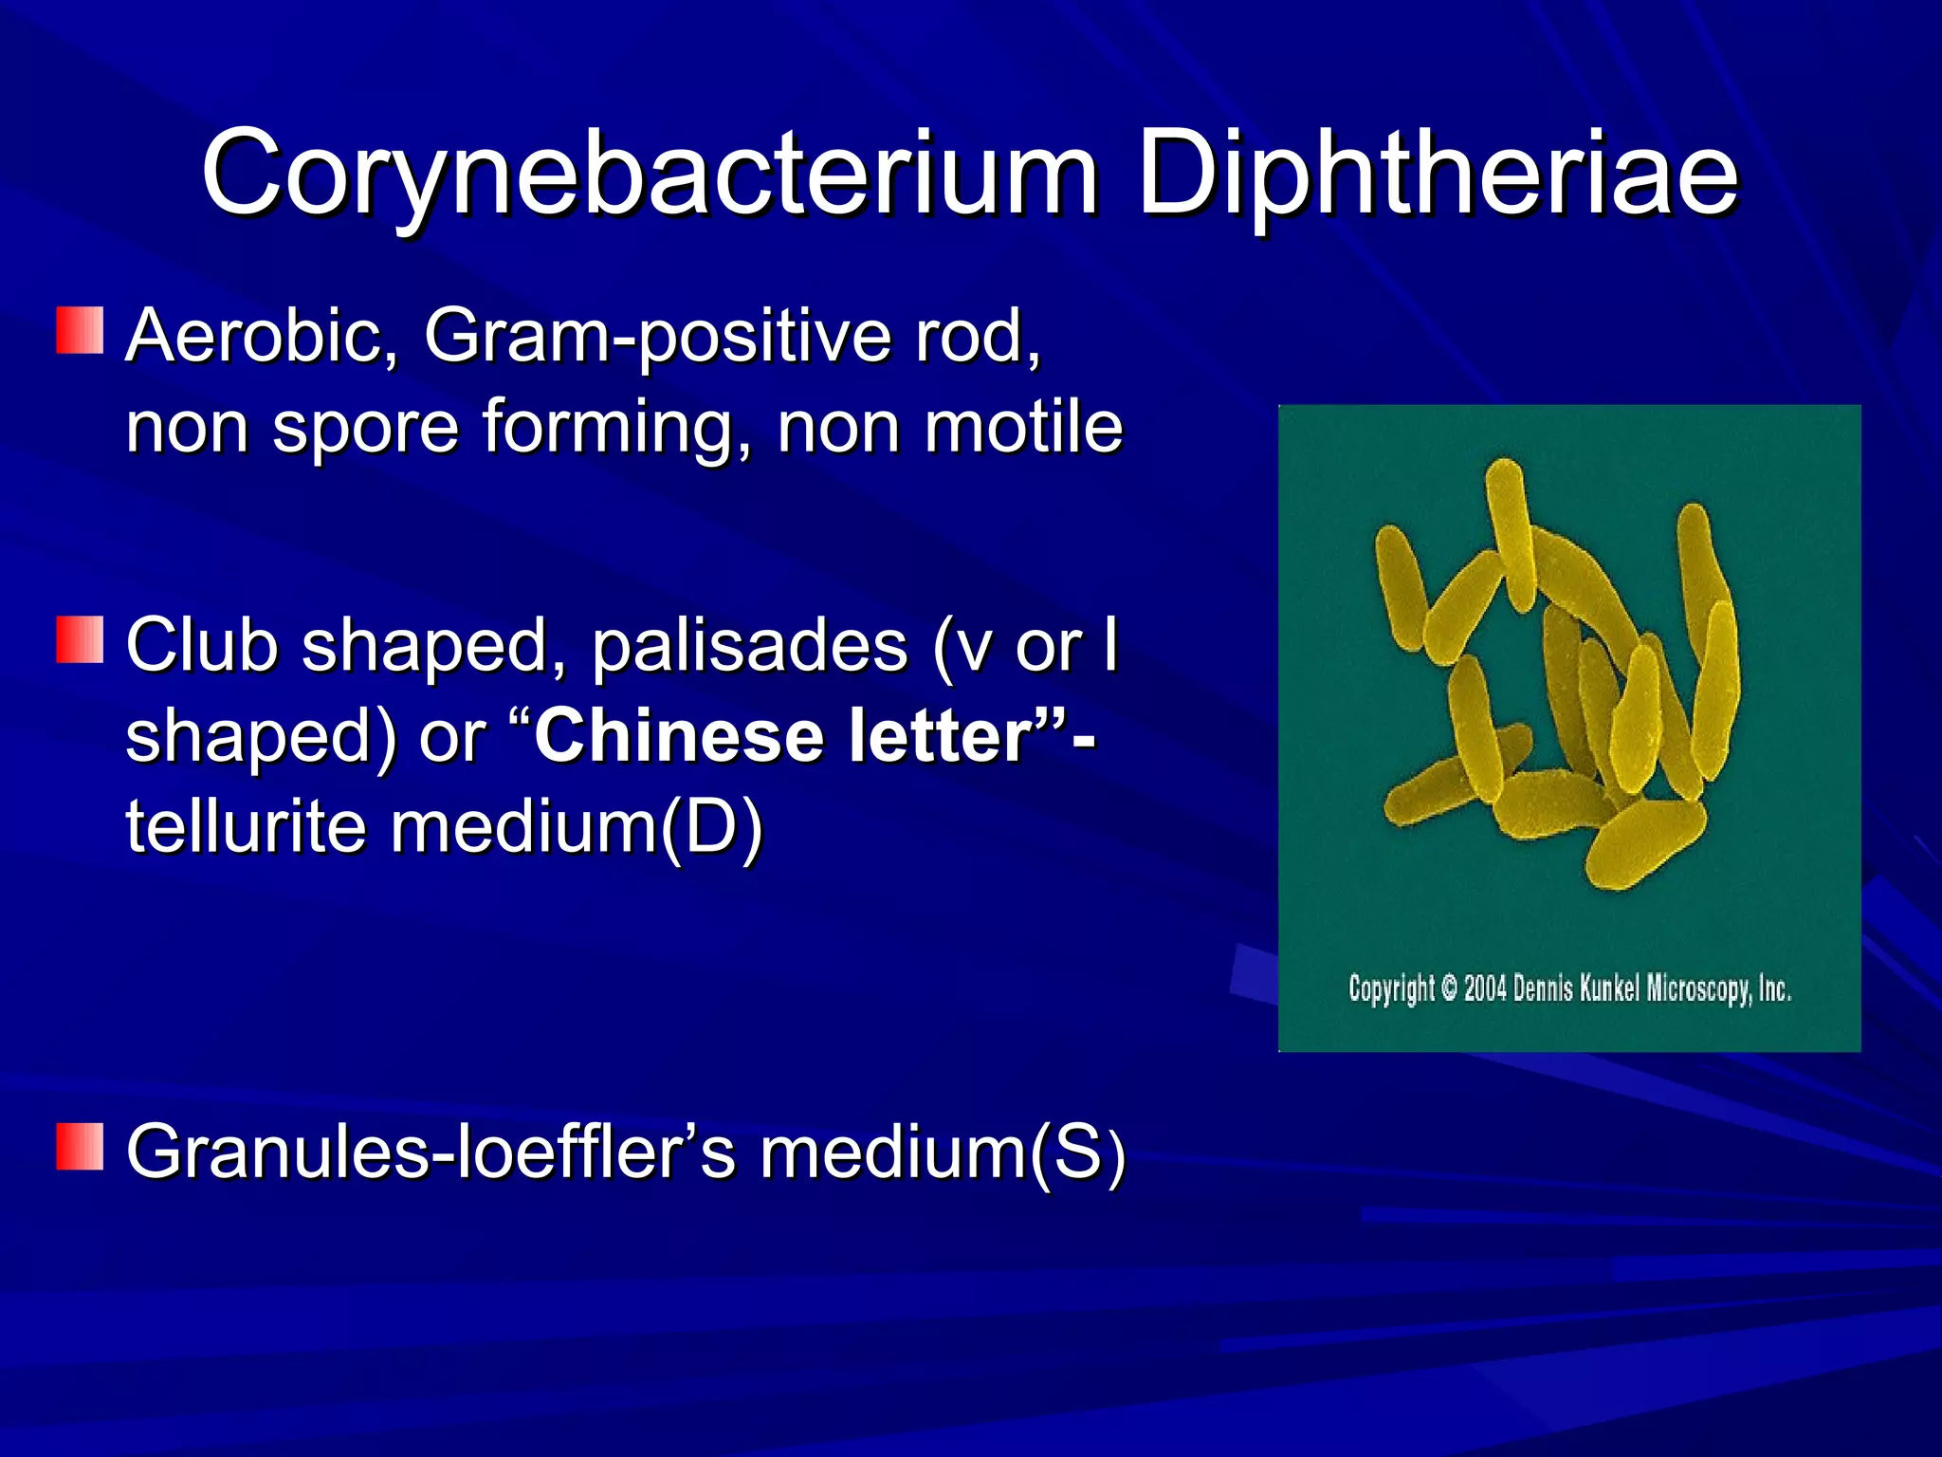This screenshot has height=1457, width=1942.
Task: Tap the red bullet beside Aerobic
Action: tap(80, 330)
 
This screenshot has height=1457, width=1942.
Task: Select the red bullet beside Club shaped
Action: tap(80, 639)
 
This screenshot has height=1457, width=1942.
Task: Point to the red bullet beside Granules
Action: tap(80, 1146)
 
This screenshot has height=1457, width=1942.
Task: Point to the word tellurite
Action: tap(246, 825)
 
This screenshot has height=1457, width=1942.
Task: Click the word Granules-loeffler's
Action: tap(431, 1152)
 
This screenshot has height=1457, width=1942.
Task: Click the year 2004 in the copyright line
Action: tap(1485, 988)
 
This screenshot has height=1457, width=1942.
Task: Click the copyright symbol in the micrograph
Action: tap(1449, 988)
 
